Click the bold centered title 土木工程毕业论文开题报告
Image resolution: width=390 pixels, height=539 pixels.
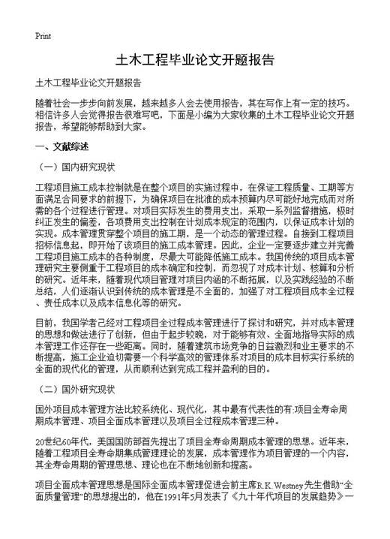(194, 59)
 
